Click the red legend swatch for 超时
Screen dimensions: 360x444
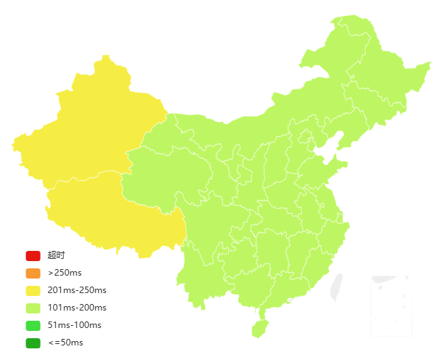point(33,255)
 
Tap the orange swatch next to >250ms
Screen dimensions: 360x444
point(33,273)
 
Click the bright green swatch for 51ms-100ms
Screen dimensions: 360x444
point(33,325)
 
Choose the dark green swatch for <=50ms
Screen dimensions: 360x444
point(33,343)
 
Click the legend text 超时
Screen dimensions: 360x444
point(56,255)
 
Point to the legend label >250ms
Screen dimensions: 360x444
point(65,273)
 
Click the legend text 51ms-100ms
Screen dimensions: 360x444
point(74,325)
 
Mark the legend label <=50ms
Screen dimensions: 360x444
point(65,343)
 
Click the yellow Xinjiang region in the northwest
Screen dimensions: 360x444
point(87,131)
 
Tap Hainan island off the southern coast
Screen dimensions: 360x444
point(259,328)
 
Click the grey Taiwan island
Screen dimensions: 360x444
point(336,287)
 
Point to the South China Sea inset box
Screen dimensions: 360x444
point(391,305)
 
